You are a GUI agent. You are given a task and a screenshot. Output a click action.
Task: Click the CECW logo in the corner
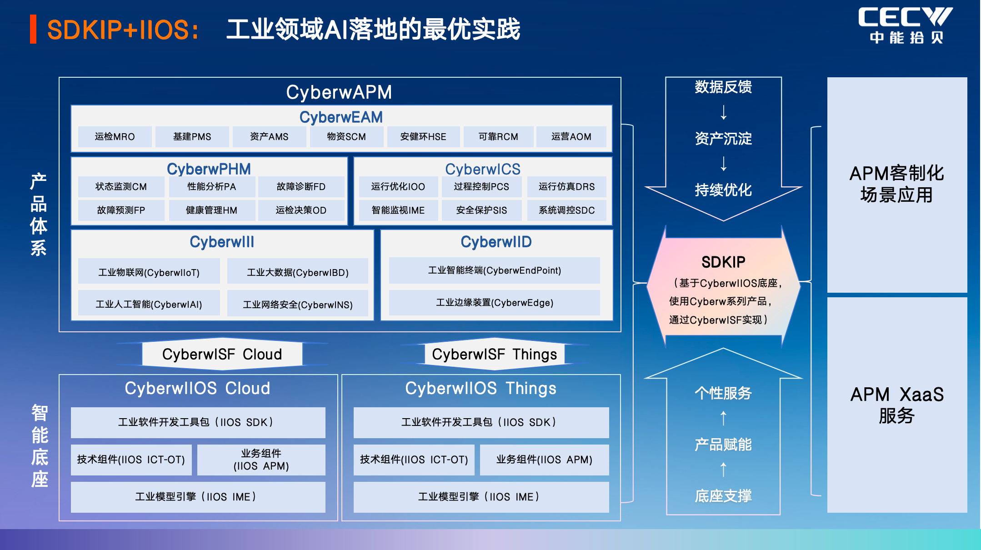[905, 25]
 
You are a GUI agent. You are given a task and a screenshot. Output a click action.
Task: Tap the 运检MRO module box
[115, 137]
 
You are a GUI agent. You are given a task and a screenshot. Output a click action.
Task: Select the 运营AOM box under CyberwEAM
[571, 137]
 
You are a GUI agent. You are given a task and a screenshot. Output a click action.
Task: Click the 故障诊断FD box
[301, 187]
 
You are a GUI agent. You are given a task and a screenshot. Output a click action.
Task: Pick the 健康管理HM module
[211, 210]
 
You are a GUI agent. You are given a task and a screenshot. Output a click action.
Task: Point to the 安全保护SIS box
[481, 210]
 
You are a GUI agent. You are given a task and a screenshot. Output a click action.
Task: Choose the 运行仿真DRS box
[566, 187]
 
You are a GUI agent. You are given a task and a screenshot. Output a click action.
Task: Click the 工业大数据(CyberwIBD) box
[298, 272]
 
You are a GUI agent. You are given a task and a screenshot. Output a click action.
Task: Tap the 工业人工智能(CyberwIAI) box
[149, 304]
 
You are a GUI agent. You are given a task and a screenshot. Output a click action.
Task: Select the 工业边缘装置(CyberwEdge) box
[495, 303]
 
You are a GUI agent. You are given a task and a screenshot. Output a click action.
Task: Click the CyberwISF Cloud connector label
[222, 354]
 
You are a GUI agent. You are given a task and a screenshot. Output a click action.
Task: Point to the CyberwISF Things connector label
[494, 354]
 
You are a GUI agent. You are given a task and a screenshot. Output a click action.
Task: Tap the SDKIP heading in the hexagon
[723, 262]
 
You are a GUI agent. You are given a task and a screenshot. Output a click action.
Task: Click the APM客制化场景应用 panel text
[896, 184]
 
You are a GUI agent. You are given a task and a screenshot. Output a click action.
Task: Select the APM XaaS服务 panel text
[896, 405]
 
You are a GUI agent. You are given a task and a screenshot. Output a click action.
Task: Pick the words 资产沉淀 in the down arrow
[723, 138]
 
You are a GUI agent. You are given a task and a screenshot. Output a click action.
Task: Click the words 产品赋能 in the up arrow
[723, 444]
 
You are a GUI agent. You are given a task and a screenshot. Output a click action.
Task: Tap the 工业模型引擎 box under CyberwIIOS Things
[481, 497]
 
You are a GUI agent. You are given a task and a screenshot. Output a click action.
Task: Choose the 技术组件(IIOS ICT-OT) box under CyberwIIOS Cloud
[131, 460]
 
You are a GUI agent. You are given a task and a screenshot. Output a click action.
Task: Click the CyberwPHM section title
[209, 169]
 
